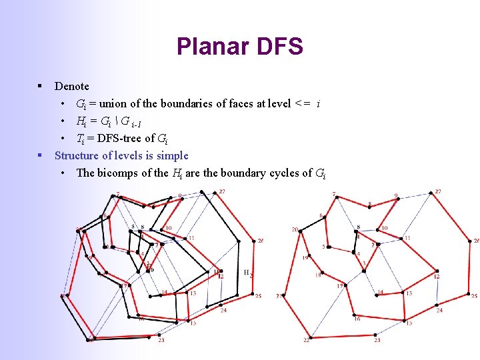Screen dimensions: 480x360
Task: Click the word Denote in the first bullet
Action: click(71, 86)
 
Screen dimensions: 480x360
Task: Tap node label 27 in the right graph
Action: click(437, 192)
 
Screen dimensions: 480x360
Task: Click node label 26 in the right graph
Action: click(476, 241)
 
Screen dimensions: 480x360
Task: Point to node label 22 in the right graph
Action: click(307, 340)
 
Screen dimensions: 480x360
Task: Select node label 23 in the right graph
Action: click(377, 340)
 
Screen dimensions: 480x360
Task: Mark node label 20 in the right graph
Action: click(295, 229)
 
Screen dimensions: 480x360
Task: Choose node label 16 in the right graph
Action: click(357, 319)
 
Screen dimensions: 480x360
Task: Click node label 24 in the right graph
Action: click(439, 310)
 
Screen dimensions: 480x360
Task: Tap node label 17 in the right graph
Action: click(339, 286)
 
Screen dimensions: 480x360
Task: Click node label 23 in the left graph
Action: click(161, 340)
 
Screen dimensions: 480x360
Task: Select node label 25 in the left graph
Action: click(258, 296)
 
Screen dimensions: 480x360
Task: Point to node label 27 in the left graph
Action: click(222, 192)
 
